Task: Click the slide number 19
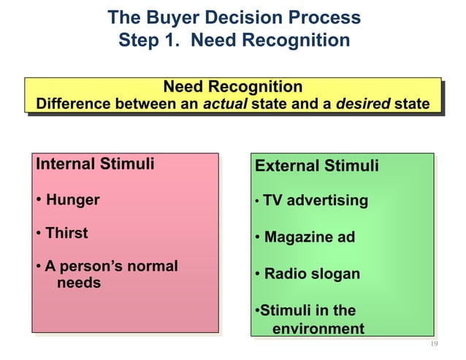tap(434, 344)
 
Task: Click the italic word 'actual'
tap(225, 104)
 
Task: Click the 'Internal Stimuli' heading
tap(95, 163)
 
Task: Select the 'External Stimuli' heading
tap(316, 166)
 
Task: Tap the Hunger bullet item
tap(72, 199)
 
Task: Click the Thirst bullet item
tap(66, 233)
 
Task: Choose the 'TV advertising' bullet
tap(316, 200)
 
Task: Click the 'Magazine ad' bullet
tap(309, 237)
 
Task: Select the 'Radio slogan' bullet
tap(312, 274)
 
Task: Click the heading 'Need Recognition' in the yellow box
tap(232, 87)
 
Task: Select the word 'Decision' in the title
tap(242, 18)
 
